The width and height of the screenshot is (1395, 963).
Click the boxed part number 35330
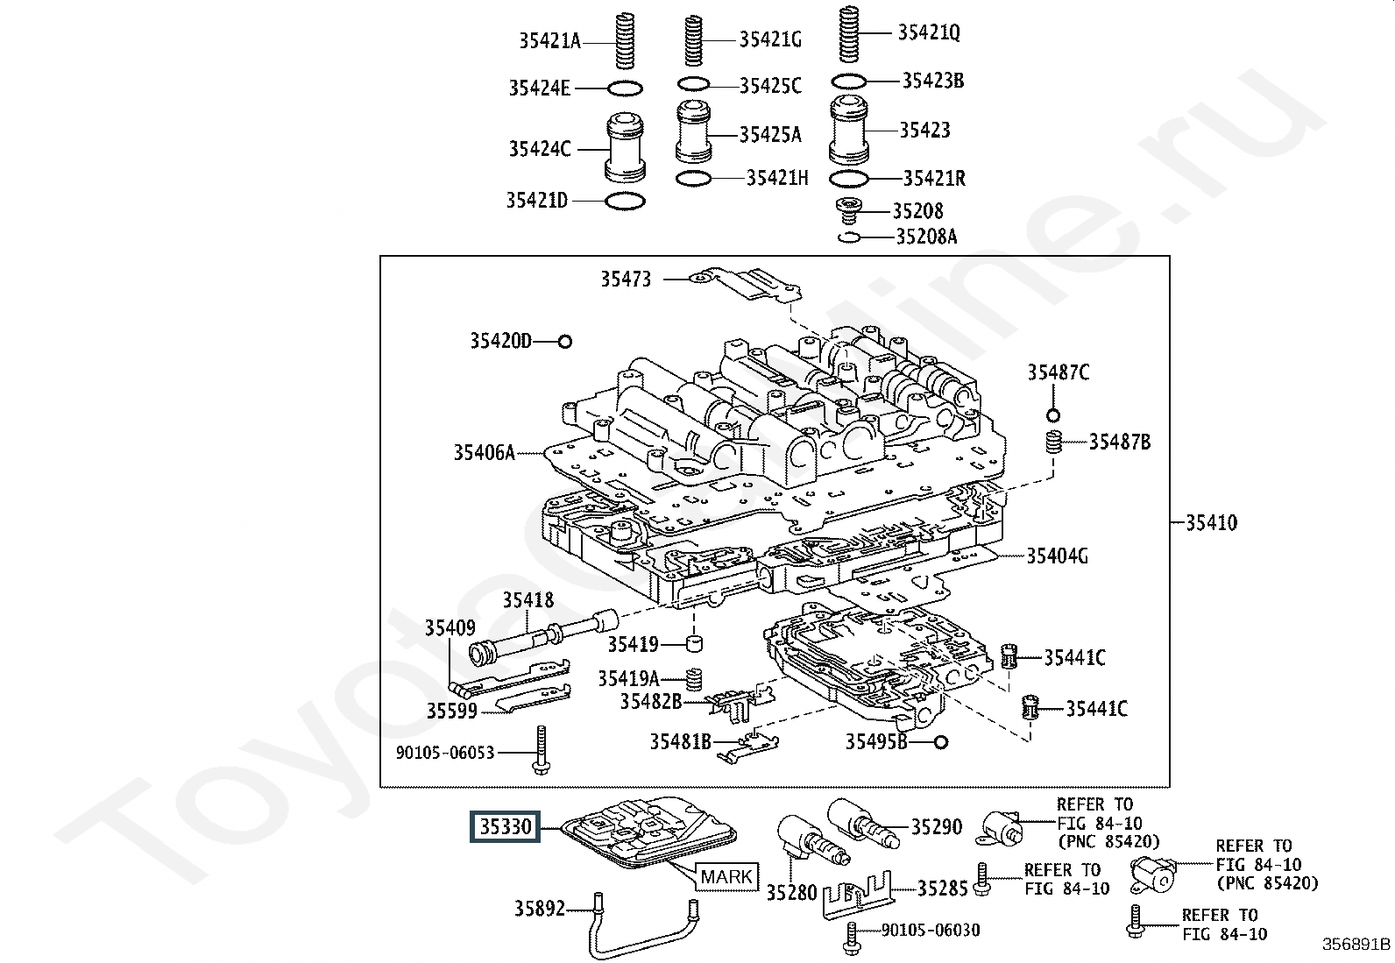pyautogui.click(x=505, y=826)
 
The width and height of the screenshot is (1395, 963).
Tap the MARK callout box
pyautogui.click(x=726, y=877)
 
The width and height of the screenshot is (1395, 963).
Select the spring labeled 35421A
pyautogui.click(x=625, y=41)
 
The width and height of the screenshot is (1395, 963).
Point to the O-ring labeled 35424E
pyautogui.click(x=625, y=89)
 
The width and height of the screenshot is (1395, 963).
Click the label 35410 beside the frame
pyautogui.click(x=1211, y=522)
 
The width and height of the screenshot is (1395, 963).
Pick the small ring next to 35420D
pyautogui.click(x=565, y=342)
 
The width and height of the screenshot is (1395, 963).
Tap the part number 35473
pyautogui.click(x=626, y=279)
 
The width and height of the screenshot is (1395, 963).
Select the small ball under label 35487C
pyautogui.click(x=1053, y=415)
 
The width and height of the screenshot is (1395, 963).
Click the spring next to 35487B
pyautogui.click(x=1053, y=443)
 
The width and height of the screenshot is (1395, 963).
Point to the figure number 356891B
pyautogui.click(x=1356, y=945)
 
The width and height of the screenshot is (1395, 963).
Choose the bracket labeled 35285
pyautogui.click(x=858, y=896)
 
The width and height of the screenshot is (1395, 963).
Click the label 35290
pyautogui.click(x=937, y=826)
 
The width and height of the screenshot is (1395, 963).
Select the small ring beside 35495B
pyautogui.click(x=941, y=742)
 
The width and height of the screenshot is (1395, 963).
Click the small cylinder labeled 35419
pyautogui.click(x=694, y=643)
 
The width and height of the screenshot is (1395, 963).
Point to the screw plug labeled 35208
pyautogui.click(x=849, y=211)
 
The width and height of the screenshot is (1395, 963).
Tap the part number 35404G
pyautogui.click(x=1057, y=556)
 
